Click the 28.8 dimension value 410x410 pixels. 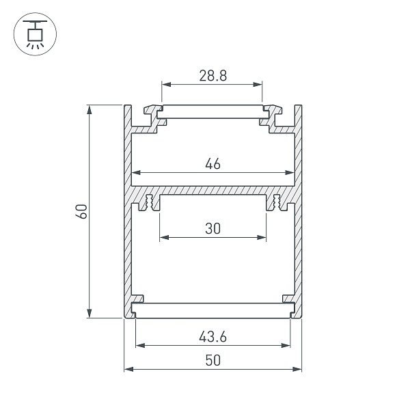(x=213, y=76)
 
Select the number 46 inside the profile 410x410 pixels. (x=213, y=163)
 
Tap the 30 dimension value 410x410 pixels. (x=213, y=229)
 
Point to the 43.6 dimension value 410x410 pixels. (x=213, y=336)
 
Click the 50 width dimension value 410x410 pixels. (x=213, y=361)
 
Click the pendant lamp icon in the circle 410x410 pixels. (x=32, y=34)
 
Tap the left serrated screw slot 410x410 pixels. (x=148, y=203)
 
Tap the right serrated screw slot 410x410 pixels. (x=277, y=203)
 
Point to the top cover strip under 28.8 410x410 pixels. (x=213, y=111)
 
